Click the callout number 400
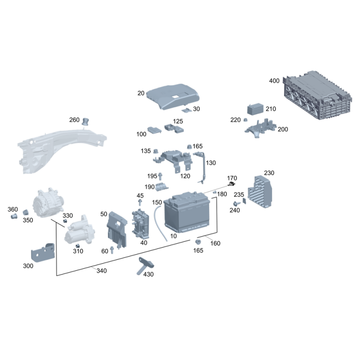274,81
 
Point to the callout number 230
269,173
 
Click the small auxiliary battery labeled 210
256,110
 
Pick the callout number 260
74,120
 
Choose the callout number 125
178,121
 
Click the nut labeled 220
246,120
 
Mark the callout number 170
232,178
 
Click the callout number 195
152,176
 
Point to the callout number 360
13,210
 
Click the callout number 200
283,129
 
